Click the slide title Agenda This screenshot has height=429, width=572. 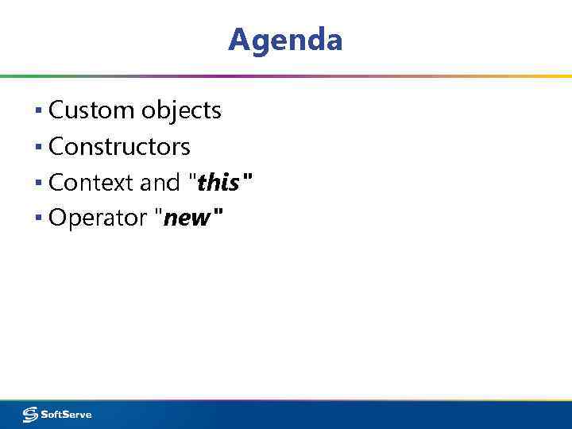285,39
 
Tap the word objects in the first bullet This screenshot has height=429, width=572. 181,110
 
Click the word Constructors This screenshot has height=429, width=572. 119,147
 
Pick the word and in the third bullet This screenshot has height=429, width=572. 160,183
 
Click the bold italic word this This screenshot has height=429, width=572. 218,184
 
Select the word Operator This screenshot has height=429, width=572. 99,218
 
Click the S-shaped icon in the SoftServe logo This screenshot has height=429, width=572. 31,414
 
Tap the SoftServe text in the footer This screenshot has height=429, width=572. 67,414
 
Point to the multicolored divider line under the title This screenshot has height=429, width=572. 286,76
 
